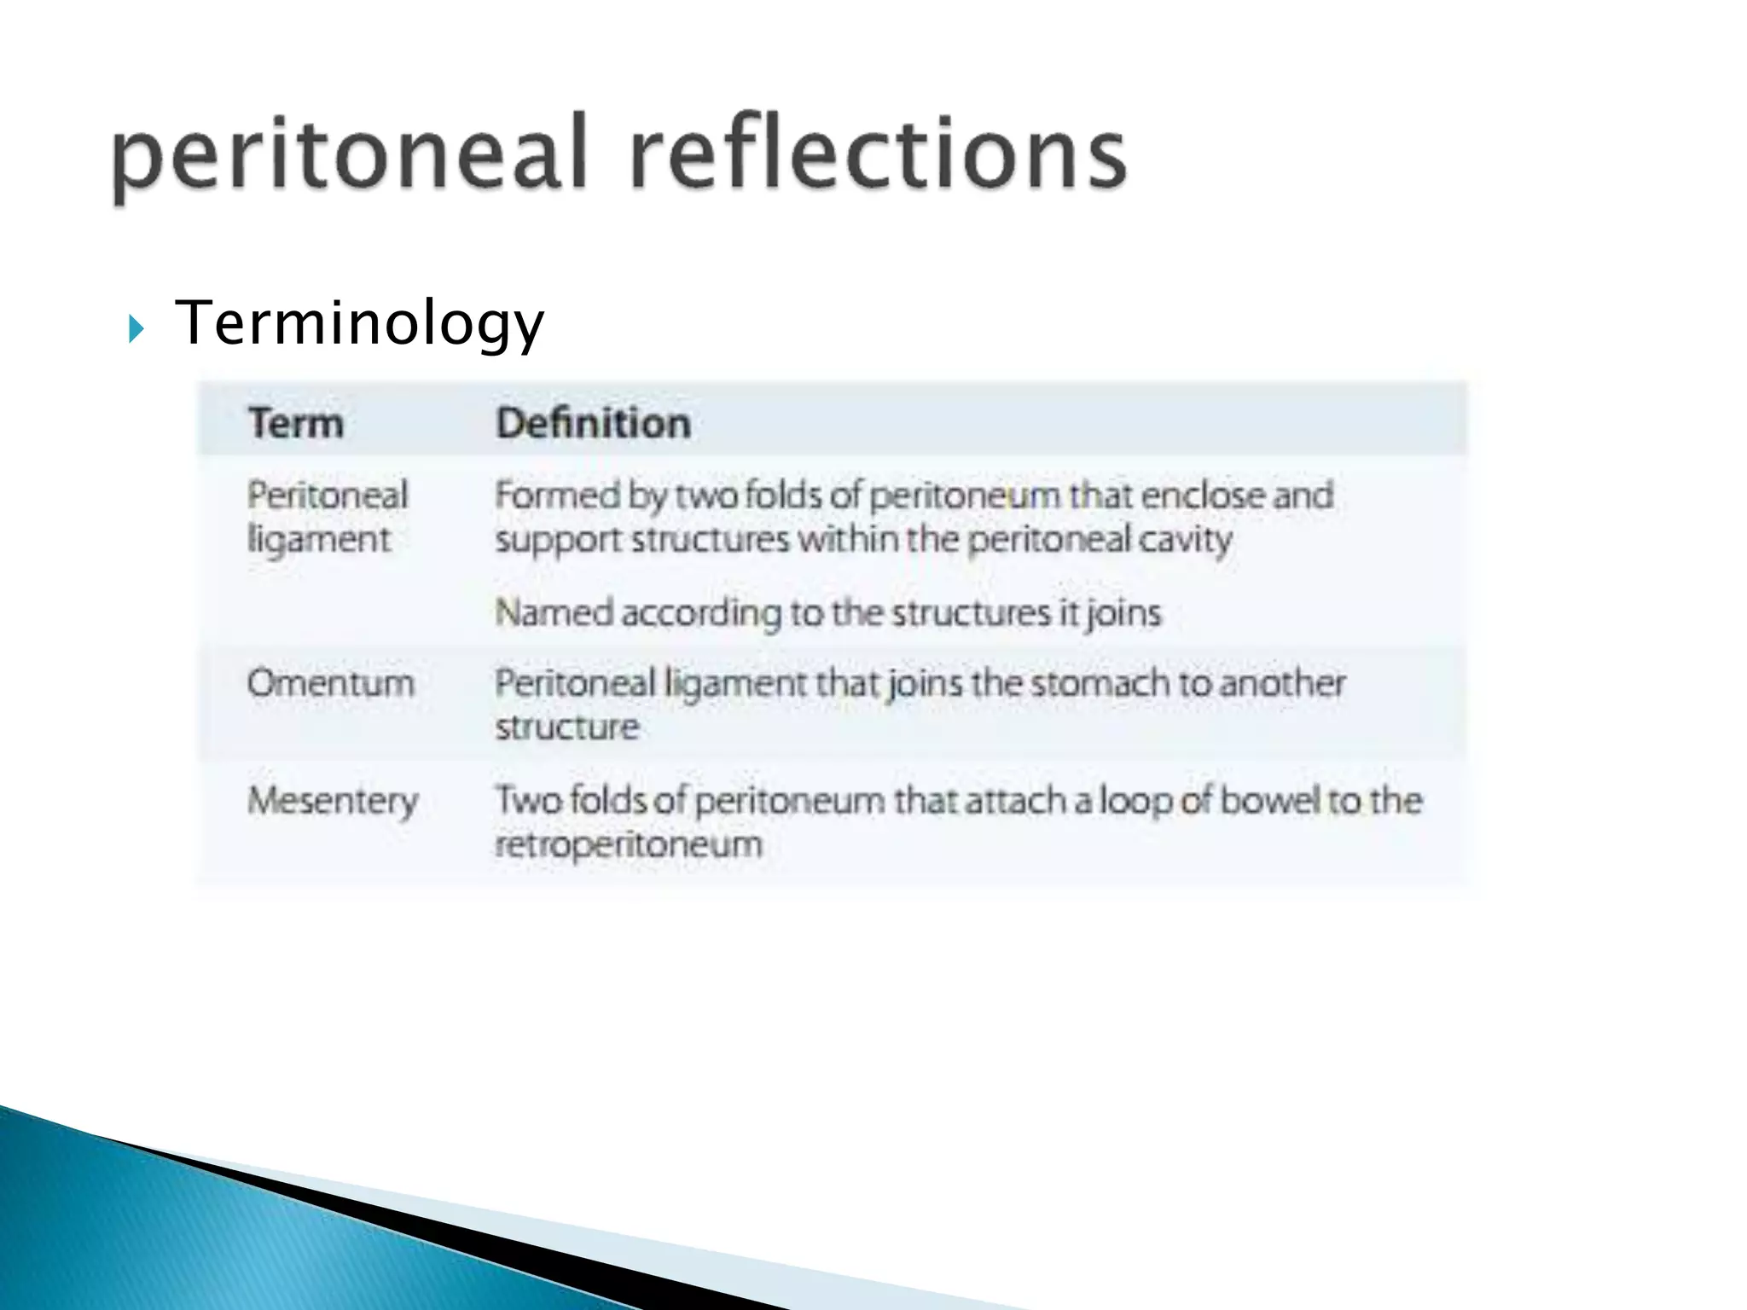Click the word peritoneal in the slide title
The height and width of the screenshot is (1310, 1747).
tap(349, 154)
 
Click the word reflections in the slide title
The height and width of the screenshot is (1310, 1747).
tap(878, 154)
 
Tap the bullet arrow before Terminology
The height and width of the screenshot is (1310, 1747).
tap(136, 328)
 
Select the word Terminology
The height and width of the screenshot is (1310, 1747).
tap(359, 324)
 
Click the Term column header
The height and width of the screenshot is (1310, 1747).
tap(295, 423)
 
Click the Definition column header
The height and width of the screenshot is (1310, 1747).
tap(593, 423)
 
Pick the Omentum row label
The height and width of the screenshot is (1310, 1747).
tap(331, 683)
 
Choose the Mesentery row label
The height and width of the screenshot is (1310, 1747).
tap(333, 801)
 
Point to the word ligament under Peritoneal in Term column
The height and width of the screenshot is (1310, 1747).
tap(318, 540)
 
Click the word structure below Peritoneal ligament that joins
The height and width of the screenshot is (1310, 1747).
tap(567, 727)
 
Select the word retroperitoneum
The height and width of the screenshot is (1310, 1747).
tap(629, 845)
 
